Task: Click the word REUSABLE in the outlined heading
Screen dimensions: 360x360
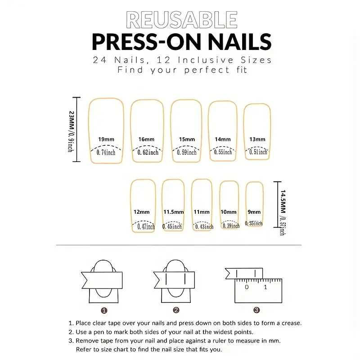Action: (182, 20)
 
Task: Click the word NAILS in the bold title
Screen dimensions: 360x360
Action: (240, 42)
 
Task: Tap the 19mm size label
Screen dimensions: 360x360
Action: (106, 139)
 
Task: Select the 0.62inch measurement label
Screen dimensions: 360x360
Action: (148, 152)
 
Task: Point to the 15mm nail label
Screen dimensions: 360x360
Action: (187, 139)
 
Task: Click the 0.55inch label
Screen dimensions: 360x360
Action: (223, 152)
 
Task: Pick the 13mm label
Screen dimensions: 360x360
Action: (257, 139)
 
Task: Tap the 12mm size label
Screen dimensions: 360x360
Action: (141, 212)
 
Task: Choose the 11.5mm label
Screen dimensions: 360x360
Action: (174, 212)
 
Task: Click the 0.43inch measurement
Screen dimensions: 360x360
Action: (204, 227)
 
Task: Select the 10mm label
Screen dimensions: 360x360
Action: (229, 212)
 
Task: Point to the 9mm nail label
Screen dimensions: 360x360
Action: (254, 212)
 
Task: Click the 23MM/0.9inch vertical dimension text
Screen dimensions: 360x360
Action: (71, 131)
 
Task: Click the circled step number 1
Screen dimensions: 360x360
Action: (104, 310)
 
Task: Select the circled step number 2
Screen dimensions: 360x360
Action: (176, 310)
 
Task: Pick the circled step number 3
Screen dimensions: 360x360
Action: (256, 310)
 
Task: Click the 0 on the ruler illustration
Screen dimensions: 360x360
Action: (247, 287)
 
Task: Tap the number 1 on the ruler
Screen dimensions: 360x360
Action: (265, 287)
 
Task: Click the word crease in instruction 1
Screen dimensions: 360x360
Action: (291, 323)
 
